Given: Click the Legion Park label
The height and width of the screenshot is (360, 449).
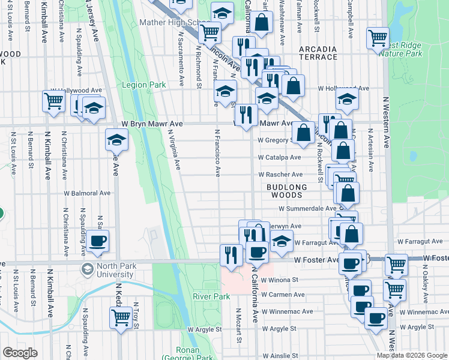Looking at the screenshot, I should pyautogui.click(x=144, y=85).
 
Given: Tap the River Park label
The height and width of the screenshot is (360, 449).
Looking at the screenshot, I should pyautogui.click(x=211, y=297).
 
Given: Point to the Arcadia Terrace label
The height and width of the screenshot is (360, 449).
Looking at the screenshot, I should pyautogui.click(x=317, y=53).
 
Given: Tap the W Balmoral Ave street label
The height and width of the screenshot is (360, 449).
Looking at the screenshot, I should pyautogui.click(x=88, y=194).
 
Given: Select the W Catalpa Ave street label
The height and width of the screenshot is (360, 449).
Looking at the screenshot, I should pyautogui.click(x=279, y=158).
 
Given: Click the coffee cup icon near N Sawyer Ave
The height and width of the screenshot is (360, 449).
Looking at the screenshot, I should pyautogui.click(x=97, y=241).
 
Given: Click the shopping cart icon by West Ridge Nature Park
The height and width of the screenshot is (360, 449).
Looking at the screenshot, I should pyautogui.click(x=378, y=38).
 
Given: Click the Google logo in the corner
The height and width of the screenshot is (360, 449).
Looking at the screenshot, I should pyautogui.click(x=20, y=353).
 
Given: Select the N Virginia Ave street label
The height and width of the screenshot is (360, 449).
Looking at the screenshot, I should pyautogui.click(x=174, y=150).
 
